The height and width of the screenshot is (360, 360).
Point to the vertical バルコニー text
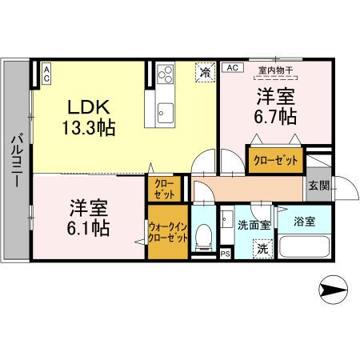pyautogui.click(x=15, y=161)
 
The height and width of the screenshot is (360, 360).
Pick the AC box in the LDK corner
pyautogui.click(x=46, y=74)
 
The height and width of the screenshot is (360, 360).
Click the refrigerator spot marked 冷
pyautogui.click(x=206, y=72)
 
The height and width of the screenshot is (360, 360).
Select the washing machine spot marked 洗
pyautogui.click(x=263, y=248)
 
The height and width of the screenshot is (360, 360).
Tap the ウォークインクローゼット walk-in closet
pyautogui.click(x=168, y=232)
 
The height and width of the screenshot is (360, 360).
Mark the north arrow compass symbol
pyautogui.click(x=334, y=286)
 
